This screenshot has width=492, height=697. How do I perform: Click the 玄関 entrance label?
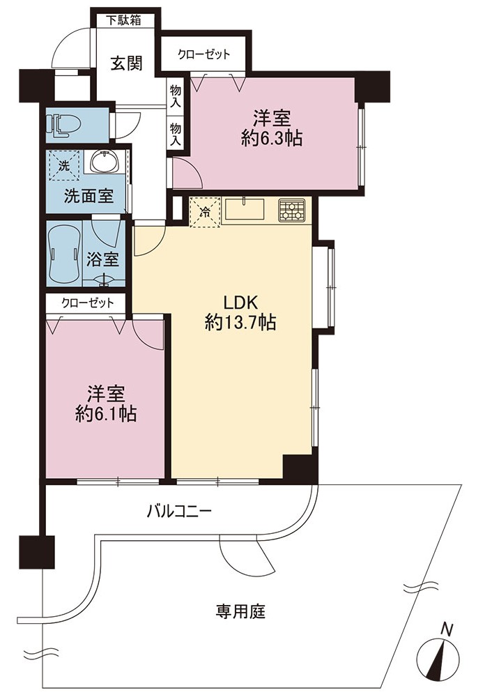pyautogui.click(x=126, y=63)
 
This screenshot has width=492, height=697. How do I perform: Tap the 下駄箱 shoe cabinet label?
pyautogui.click(x=124, y=20)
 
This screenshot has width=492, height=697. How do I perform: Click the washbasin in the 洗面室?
pyautogui.click(x=105, y=161)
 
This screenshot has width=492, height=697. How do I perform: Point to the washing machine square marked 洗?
pyautogui.click(x=65, y=167)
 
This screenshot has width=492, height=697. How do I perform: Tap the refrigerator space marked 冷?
pyautogui.click(x=205, y=213)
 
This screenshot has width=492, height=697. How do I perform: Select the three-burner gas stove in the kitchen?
pyautogui.click(x=291, y=210)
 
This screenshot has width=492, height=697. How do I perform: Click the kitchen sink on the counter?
pyautogui.click(x=245, y=209)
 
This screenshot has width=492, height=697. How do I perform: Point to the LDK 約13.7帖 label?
pyautogui.click(x=240, y=313)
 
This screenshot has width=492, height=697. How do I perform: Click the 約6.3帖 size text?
pyautogui.click(x=272, y=139)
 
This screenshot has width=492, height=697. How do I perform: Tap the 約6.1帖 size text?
pyautogui.click(x=106, y=414)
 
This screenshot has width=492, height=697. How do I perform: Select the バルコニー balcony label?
pyautogui.click(x=180, y=511)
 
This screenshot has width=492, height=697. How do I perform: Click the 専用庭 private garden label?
pyautogui.click(x=240, y=611)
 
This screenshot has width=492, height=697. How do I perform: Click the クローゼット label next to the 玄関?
pyautogui.click(x=204, y=54)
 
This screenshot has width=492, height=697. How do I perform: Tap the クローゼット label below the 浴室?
pyautogui.click(x=88, y=303)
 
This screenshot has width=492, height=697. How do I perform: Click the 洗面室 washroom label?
pyautogui.click(x=89, y=196)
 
